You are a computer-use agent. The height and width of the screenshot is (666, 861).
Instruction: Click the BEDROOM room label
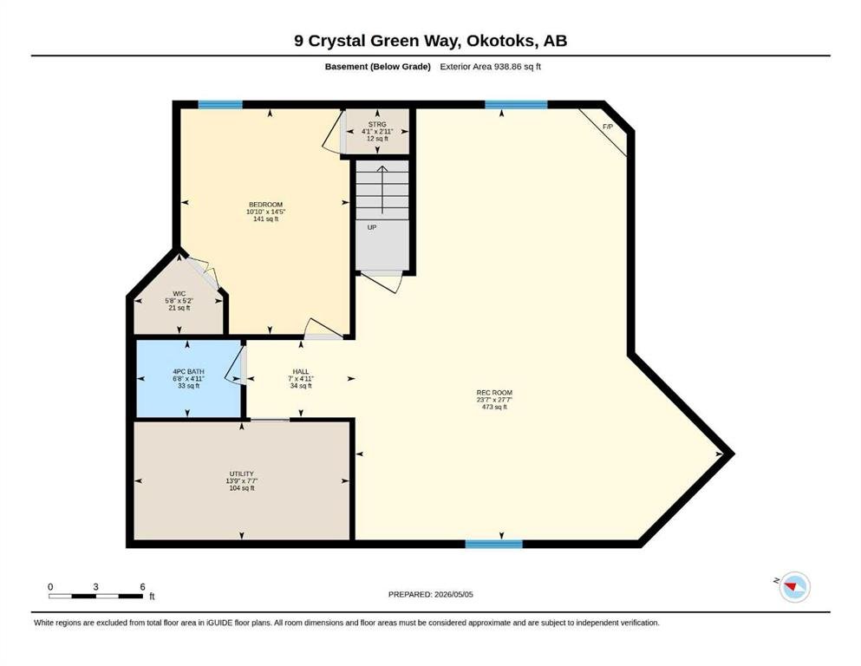coord(266,205)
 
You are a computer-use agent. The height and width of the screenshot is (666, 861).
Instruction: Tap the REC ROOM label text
coord(494,393)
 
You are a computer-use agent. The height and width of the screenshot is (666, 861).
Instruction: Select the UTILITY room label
coord(242,473)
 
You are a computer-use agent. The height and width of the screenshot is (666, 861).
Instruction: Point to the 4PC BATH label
coord(188,372)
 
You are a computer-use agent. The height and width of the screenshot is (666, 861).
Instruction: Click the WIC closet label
coord(179,294)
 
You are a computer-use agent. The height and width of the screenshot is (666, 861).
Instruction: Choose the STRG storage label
coord(377,125)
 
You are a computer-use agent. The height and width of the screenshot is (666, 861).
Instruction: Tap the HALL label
coord(301,372)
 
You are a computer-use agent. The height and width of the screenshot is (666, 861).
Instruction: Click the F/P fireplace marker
coord(608,127)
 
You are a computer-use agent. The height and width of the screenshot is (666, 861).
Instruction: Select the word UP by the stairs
coord(372,227)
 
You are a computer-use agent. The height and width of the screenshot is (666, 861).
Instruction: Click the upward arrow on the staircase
coord(382,189)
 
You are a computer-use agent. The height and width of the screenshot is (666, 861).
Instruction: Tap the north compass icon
coord(794,587)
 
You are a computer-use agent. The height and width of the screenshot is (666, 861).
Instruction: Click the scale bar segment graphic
coord(95,597)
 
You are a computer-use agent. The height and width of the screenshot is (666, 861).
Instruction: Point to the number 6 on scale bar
coord(143,587)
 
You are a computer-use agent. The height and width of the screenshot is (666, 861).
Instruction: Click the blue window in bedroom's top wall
coord(220,104)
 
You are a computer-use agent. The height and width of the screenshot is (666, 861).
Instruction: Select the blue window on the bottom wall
coord(493,544)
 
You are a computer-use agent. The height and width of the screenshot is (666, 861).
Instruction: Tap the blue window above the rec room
coord(516,104)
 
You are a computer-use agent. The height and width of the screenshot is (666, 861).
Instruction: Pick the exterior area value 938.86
coord(507,67)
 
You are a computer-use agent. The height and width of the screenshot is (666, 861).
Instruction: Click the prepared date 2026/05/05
coord(453,594)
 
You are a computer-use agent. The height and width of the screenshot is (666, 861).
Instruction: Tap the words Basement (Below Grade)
coord(378,67)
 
